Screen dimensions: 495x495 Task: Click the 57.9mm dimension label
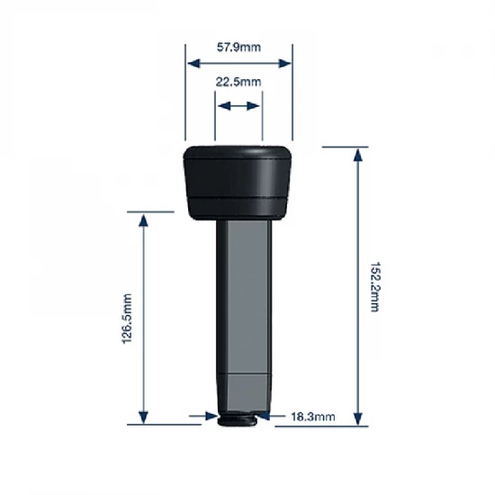(238, 46)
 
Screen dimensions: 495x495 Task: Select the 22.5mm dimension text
(238, 83)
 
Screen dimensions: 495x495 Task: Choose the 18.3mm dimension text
(313, 417)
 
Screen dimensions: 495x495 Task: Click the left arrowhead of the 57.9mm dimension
(191, 63)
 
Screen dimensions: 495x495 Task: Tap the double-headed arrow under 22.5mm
(238, 105)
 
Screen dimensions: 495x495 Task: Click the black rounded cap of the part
(238, 180)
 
